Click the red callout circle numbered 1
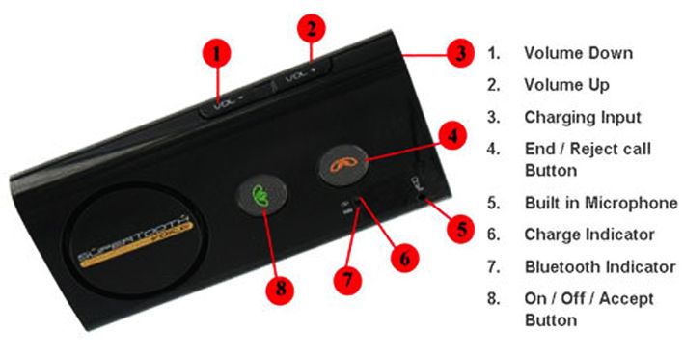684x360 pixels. coord(216,54)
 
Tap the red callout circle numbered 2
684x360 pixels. coord(312,29)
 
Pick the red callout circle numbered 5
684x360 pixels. coord(461,230)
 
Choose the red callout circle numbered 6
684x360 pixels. coord(405,258)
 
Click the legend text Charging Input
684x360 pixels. coord(582,117)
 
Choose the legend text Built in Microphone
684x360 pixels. coord(601,203)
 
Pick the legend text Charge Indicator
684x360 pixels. coord(588,235)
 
